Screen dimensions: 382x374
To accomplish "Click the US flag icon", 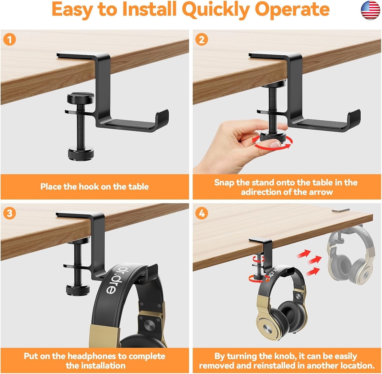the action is (x=371, y=10).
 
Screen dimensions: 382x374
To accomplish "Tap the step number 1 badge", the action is (x=10, y=40).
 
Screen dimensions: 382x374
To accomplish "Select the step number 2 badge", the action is (x=202, y=40).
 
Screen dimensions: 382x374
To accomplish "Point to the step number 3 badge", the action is (x=10, y=213).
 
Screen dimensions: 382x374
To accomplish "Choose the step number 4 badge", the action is (x=202, y=213).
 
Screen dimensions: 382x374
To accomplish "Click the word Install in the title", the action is (x=149, y=9).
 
